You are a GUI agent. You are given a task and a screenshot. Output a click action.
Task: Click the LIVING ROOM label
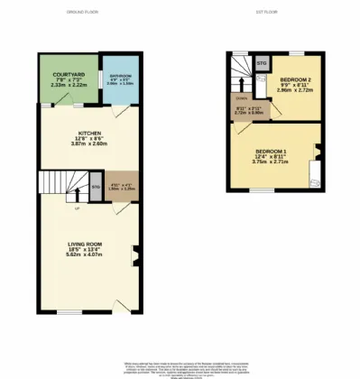tap(88, 245)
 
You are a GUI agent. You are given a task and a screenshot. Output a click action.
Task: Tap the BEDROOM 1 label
tap(271, 149)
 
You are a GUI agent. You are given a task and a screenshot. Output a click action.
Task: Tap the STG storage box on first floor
tap(262, 64)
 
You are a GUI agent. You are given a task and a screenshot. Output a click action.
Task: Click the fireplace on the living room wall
tap(134, 255)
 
